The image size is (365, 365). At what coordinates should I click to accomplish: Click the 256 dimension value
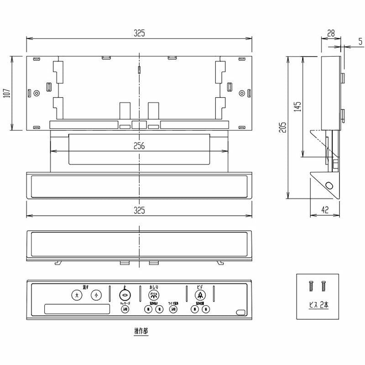click(x=139, y=146)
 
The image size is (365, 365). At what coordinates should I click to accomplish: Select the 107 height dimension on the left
click(x=6, y=93)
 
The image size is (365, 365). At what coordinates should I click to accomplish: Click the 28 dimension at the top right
click(x=331, y=32)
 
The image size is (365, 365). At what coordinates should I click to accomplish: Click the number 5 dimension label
click(x=360, y=42)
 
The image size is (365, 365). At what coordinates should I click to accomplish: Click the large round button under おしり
click(x=153, y=295)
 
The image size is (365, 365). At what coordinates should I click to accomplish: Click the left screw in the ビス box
click(x=311, y=287)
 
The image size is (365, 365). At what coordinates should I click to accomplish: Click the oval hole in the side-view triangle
click(x=329, y=186)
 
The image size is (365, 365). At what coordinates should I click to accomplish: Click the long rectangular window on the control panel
click(x=77, y=309)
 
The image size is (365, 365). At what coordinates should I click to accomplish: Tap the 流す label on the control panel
click(x=85, y=287)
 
